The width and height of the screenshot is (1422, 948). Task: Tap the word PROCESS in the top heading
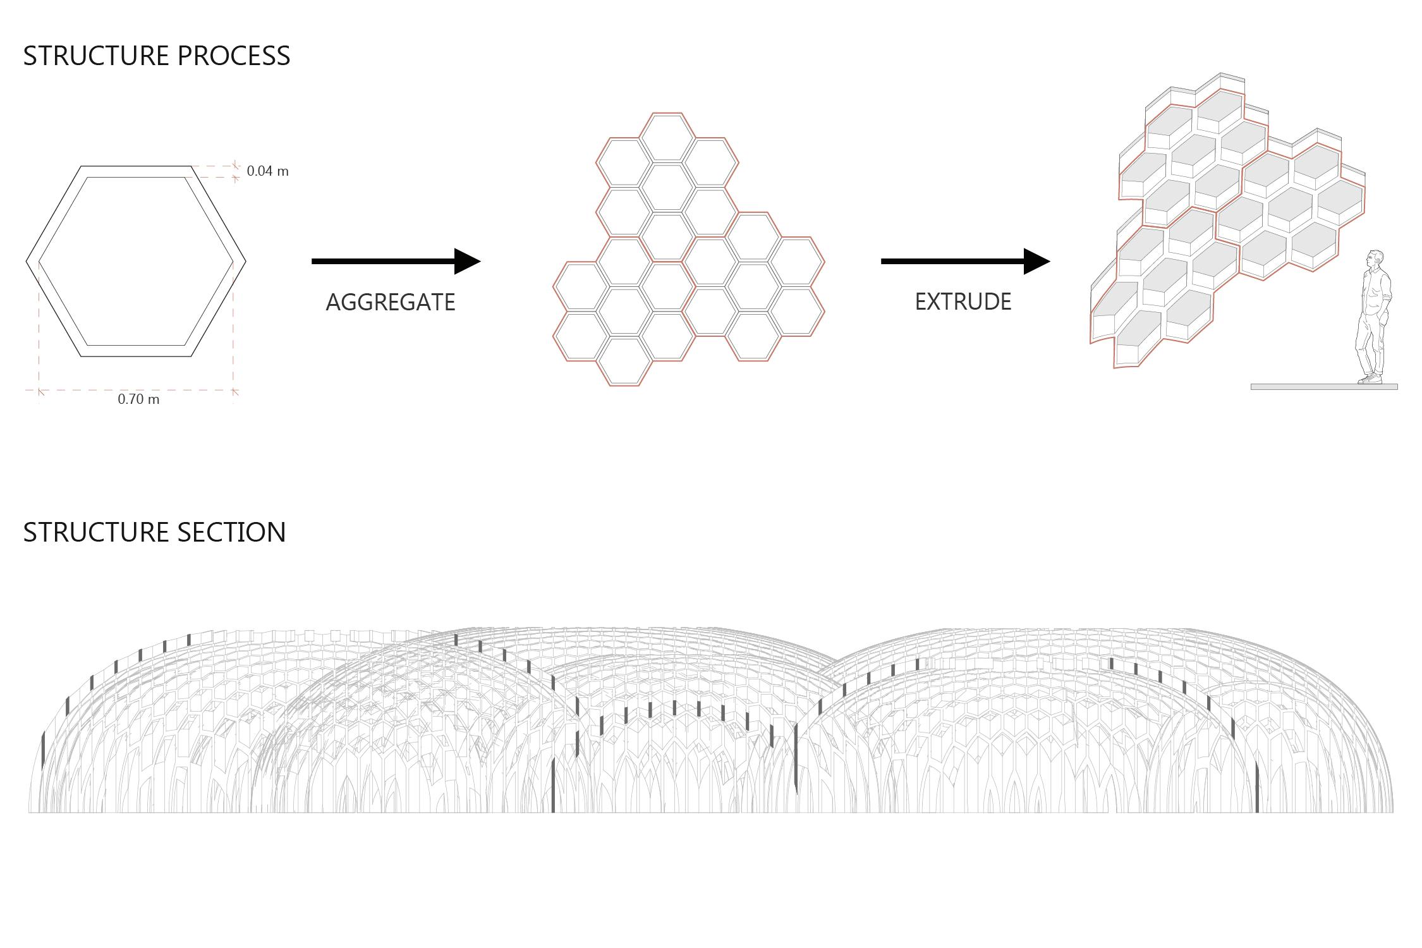pos(234,56)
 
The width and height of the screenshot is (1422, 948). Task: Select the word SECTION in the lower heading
pos(231,533)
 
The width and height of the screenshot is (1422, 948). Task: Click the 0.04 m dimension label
pos(267,171)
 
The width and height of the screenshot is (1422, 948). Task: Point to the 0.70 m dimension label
pos(138,399)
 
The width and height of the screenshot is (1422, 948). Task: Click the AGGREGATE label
pos(390,302)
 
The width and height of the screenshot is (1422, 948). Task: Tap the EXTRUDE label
pos(963,301)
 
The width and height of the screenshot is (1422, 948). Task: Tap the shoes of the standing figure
pos(1371,379)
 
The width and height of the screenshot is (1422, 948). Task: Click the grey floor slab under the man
pos(1324,387)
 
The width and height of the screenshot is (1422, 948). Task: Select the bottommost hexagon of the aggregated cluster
pos(624,362)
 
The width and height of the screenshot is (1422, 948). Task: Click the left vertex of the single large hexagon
pos(27,261)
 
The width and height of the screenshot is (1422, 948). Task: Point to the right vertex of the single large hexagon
pos(245,261)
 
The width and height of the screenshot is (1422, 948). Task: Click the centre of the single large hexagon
pos(136,261)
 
